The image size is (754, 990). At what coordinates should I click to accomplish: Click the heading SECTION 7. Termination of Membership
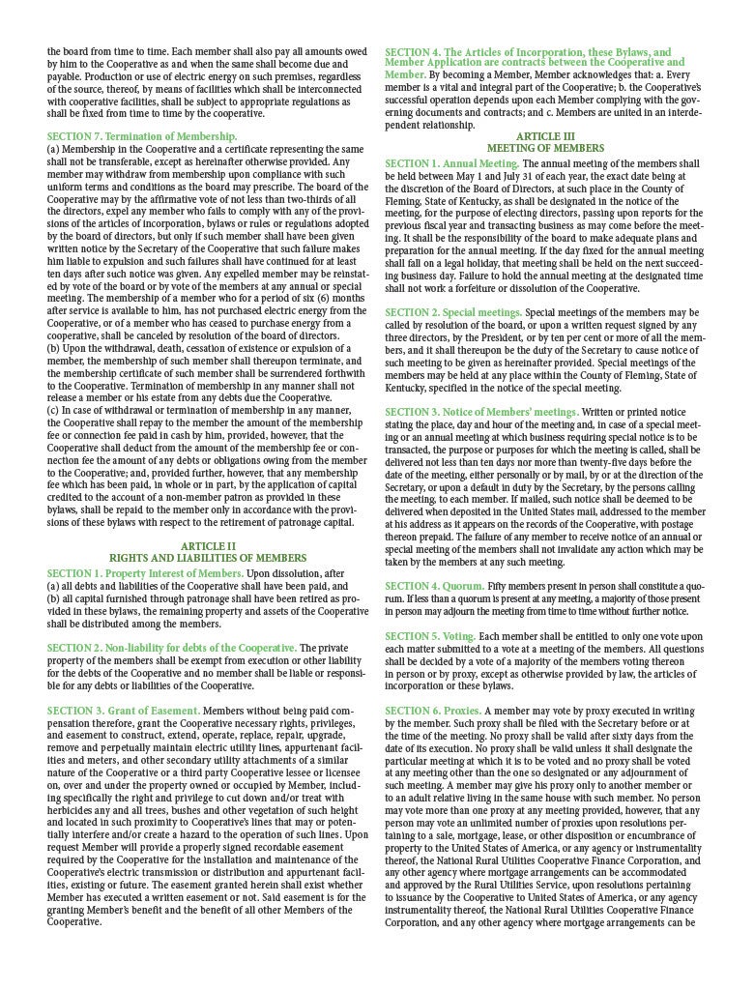click(x=141, y=137)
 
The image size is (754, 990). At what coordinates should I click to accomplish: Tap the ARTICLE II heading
click(x=208, y=546)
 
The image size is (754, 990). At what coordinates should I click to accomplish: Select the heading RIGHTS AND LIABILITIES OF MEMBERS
click(x=208, y=559)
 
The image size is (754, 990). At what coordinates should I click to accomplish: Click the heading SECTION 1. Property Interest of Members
click(x=145, y=573)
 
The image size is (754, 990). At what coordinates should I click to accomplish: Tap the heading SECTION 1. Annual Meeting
click(x=451, y=164)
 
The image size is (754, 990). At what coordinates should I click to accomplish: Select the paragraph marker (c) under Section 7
click(x=53, y=411)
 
